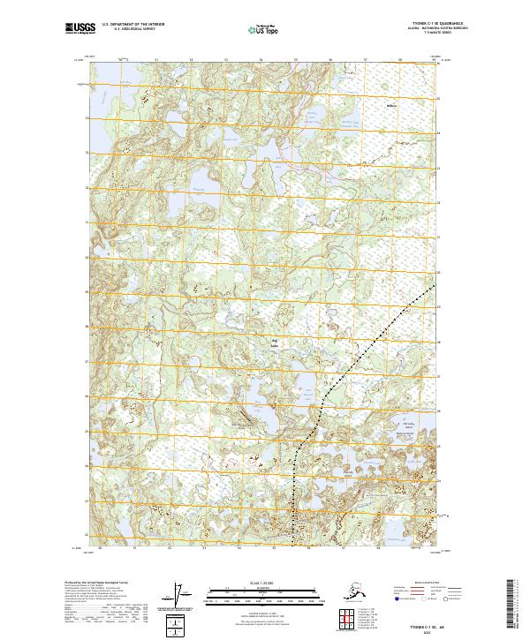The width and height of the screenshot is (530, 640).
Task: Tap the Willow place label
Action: pyautogui.click(x=392, y=107)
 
